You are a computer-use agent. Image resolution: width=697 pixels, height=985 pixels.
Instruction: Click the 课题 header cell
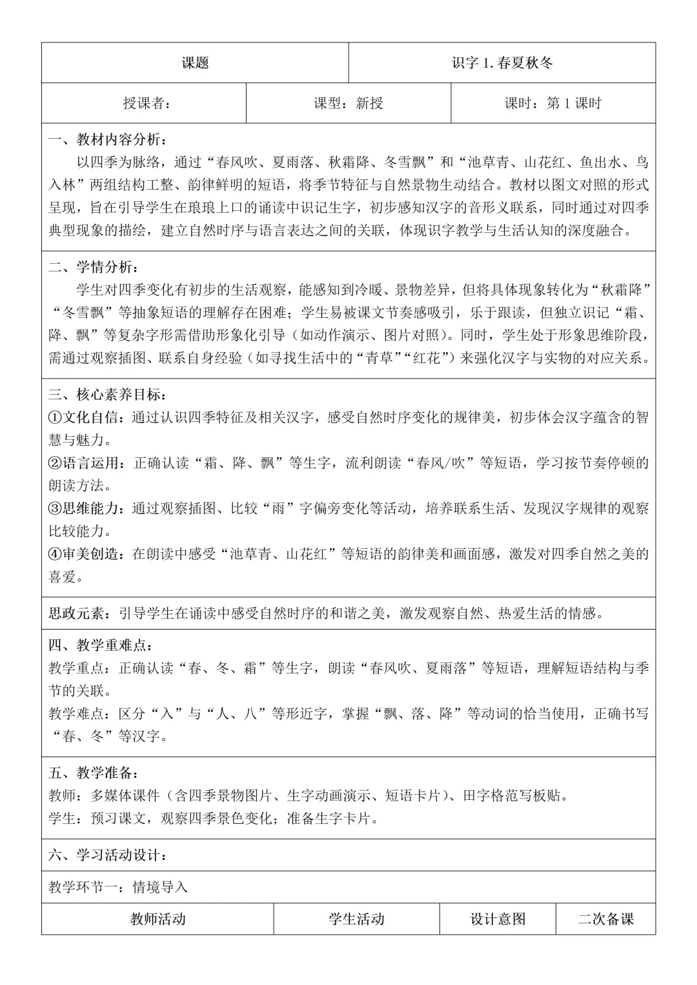point(195,63)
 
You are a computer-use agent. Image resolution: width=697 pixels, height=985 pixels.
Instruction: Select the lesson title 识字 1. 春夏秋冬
point(502,63)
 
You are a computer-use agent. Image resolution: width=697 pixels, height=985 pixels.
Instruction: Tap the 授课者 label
point(147,103)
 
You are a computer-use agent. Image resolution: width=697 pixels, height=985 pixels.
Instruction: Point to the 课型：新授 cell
point(348,103)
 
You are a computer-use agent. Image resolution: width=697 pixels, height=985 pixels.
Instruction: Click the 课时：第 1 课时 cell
point(553,103)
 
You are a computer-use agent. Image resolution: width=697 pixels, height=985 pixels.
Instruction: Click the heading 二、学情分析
point(93,267)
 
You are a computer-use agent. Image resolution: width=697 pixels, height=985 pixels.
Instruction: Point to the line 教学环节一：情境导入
point(118,887)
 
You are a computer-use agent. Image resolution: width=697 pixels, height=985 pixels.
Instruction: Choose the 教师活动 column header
point(157,919)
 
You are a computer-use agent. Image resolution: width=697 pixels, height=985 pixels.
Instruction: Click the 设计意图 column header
point(498,919)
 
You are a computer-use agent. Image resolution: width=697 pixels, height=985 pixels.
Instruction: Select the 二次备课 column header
point(605,919)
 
